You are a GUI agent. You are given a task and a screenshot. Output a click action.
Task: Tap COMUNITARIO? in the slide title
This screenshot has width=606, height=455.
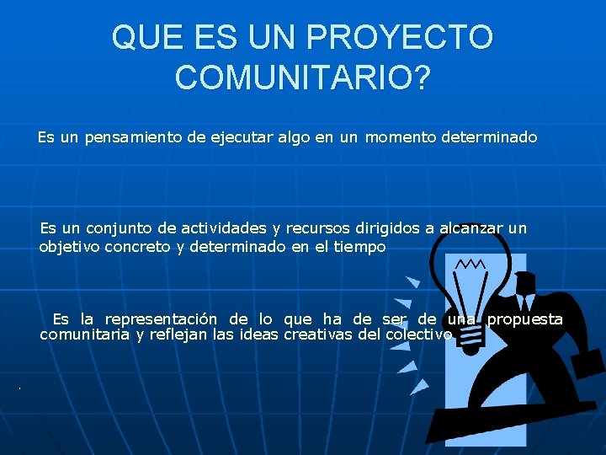(303, 78)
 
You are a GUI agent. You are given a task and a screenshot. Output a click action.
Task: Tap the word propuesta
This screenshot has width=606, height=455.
(525, 318)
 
